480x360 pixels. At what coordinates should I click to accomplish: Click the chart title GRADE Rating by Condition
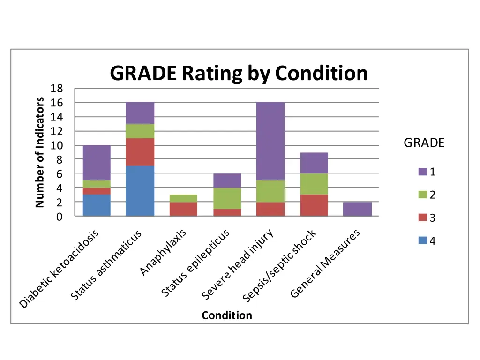239,74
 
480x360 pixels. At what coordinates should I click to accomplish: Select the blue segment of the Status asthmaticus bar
140,191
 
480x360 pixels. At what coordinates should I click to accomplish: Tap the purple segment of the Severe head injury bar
270,141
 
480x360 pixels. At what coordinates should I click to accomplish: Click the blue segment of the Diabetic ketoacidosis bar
97,205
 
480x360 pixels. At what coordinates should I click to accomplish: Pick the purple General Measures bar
357,209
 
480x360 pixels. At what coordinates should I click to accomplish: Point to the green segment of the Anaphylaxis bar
183,198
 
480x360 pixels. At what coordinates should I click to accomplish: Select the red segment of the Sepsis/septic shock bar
314,205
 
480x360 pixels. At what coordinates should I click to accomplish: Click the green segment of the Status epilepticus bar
227,198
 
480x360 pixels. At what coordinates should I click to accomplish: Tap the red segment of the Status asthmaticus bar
140,152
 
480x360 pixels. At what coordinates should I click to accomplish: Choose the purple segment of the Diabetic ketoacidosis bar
97,162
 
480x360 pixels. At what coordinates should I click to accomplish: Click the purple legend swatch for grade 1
423,172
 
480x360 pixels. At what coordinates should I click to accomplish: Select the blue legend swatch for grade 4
423,241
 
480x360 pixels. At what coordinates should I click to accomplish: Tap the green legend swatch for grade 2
423,195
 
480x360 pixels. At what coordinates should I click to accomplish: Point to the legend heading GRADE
424,143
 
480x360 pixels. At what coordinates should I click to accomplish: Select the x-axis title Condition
227,315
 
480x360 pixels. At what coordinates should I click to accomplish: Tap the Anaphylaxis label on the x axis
165,252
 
